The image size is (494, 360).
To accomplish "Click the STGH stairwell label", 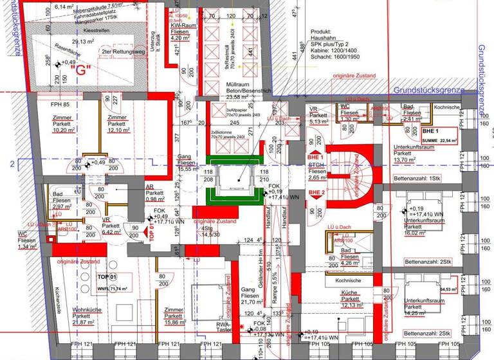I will [316, 165].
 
